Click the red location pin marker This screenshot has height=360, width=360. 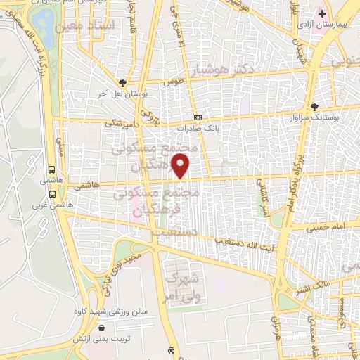(x=181, y=167)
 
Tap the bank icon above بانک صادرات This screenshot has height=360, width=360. (x=198, y=118)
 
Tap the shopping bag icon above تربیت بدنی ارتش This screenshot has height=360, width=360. (x=104, y=328)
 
